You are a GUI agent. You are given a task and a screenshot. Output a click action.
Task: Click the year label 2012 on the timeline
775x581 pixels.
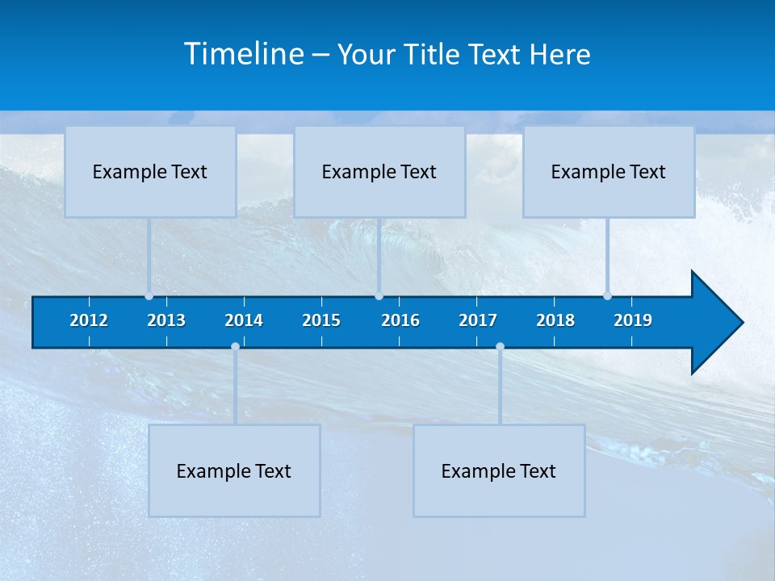pos(89,320)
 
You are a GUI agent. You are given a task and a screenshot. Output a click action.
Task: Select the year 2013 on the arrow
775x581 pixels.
pos(166,320)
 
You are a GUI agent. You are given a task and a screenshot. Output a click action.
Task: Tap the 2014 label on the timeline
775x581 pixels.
pos(244,320)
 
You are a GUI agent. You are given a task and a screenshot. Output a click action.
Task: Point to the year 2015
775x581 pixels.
pos(321,320)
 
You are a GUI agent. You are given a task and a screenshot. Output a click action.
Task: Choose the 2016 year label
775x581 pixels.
pos(400,320)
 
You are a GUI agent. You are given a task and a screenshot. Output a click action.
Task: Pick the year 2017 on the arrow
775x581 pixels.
pos(478,320)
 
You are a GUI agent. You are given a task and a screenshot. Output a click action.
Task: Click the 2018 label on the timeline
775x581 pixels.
pos(555,320)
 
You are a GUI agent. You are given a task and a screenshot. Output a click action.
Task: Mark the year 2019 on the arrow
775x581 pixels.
pos(633,320)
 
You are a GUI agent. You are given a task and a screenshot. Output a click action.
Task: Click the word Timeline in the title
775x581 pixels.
pos(244,54)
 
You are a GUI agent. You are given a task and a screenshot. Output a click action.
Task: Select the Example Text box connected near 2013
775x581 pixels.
pos(150,172)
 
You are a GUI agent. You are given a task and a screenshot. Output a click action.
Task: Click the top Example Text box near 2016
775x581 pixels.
pos(379,172)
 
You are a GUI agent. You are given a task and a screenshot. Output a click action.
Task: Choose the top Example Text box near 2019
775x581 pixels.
pos(609,172)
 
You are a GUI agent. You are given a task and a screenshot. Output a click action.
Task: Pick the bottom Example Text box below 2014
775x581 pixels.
pos(234,471)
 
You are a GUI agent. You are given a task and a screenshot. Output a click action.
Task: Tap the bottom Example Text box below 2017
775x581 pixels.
pos(499,471)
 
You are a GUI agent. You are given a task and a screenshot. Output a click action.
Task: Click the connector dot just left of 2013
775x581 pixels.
pos(149,296)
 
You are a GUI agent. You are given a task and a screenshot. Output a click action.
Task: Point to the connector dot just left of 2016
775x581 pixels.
pos(379,296)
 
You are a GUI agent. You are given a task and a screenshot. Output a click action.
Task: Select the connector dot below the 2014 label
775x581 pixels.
pos(235,347)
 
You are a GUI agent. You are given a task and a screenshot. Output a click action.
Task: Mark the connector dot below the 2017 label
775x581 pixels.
pos(500,347)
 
